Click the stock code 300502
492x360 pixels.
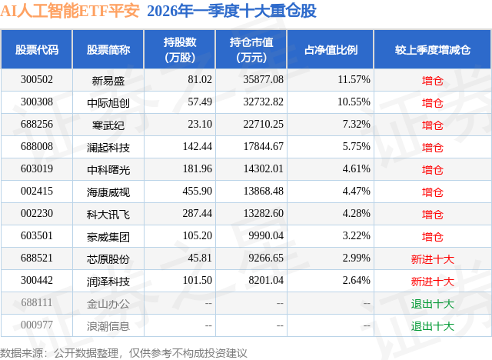point(37,80)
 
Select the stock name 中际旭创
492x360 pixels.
point(108,102)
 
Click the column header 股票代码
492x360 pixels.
point(37,50)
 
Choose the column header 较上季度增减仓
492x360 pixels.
point(432,50)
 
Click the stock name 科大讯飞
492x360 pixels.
point(108,214)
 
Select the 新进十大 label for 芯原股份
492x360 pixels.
point(433,258)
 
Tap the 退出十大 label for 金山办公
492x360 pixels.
point(433,303)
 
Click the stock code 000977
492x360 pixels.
point(37,325)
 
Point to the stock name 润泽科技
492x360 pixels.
point(108,281)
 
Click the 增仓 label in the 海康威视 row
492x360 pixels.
point(433,192)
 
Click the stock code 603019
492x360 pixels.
point(37,169)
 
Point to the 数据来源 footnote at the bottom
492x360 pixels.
point(123,352)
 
